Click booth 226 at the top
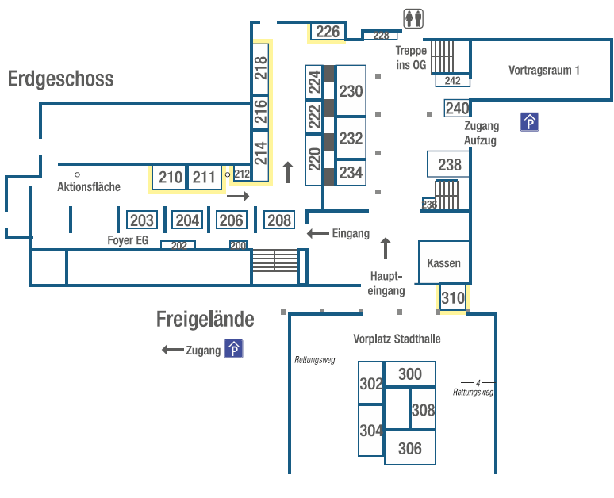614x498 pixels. (x=328, y=32)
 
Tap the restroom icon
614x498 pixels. (x=413, y=17)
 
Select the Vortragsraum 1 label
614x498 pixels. (x=543, y=70)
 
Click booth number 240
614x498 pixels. (x=457, y=108)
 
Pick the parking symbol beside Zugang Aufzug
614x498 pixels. (x=529, y=122)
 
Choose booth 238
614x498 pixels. (x=449, y=165)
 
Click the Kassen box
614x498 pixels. (x=443, y=263)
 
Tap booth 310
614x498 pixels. (x=453, y=298)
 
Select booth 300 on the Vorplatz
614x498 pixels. (x=410, y=374)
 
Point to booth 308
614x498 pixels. (x=424, y=410)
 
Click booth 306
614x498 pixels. (x=410, y=449)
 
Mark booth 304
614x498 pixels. (x=370, y=431)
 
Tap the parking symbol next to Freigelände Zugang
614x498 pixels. (x=233, y=349)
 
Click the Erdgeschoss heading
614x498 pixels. (x=61, y=79)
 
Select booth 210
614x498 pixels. (x=170, y=178)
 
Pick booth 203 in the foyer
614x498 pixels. (x=142, y=220)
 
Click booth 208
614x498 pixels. (x=279, y=220)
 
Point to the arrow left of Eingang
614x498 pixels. (x=318, y=233)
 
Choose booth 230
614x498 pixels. (x=351, y=91)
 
